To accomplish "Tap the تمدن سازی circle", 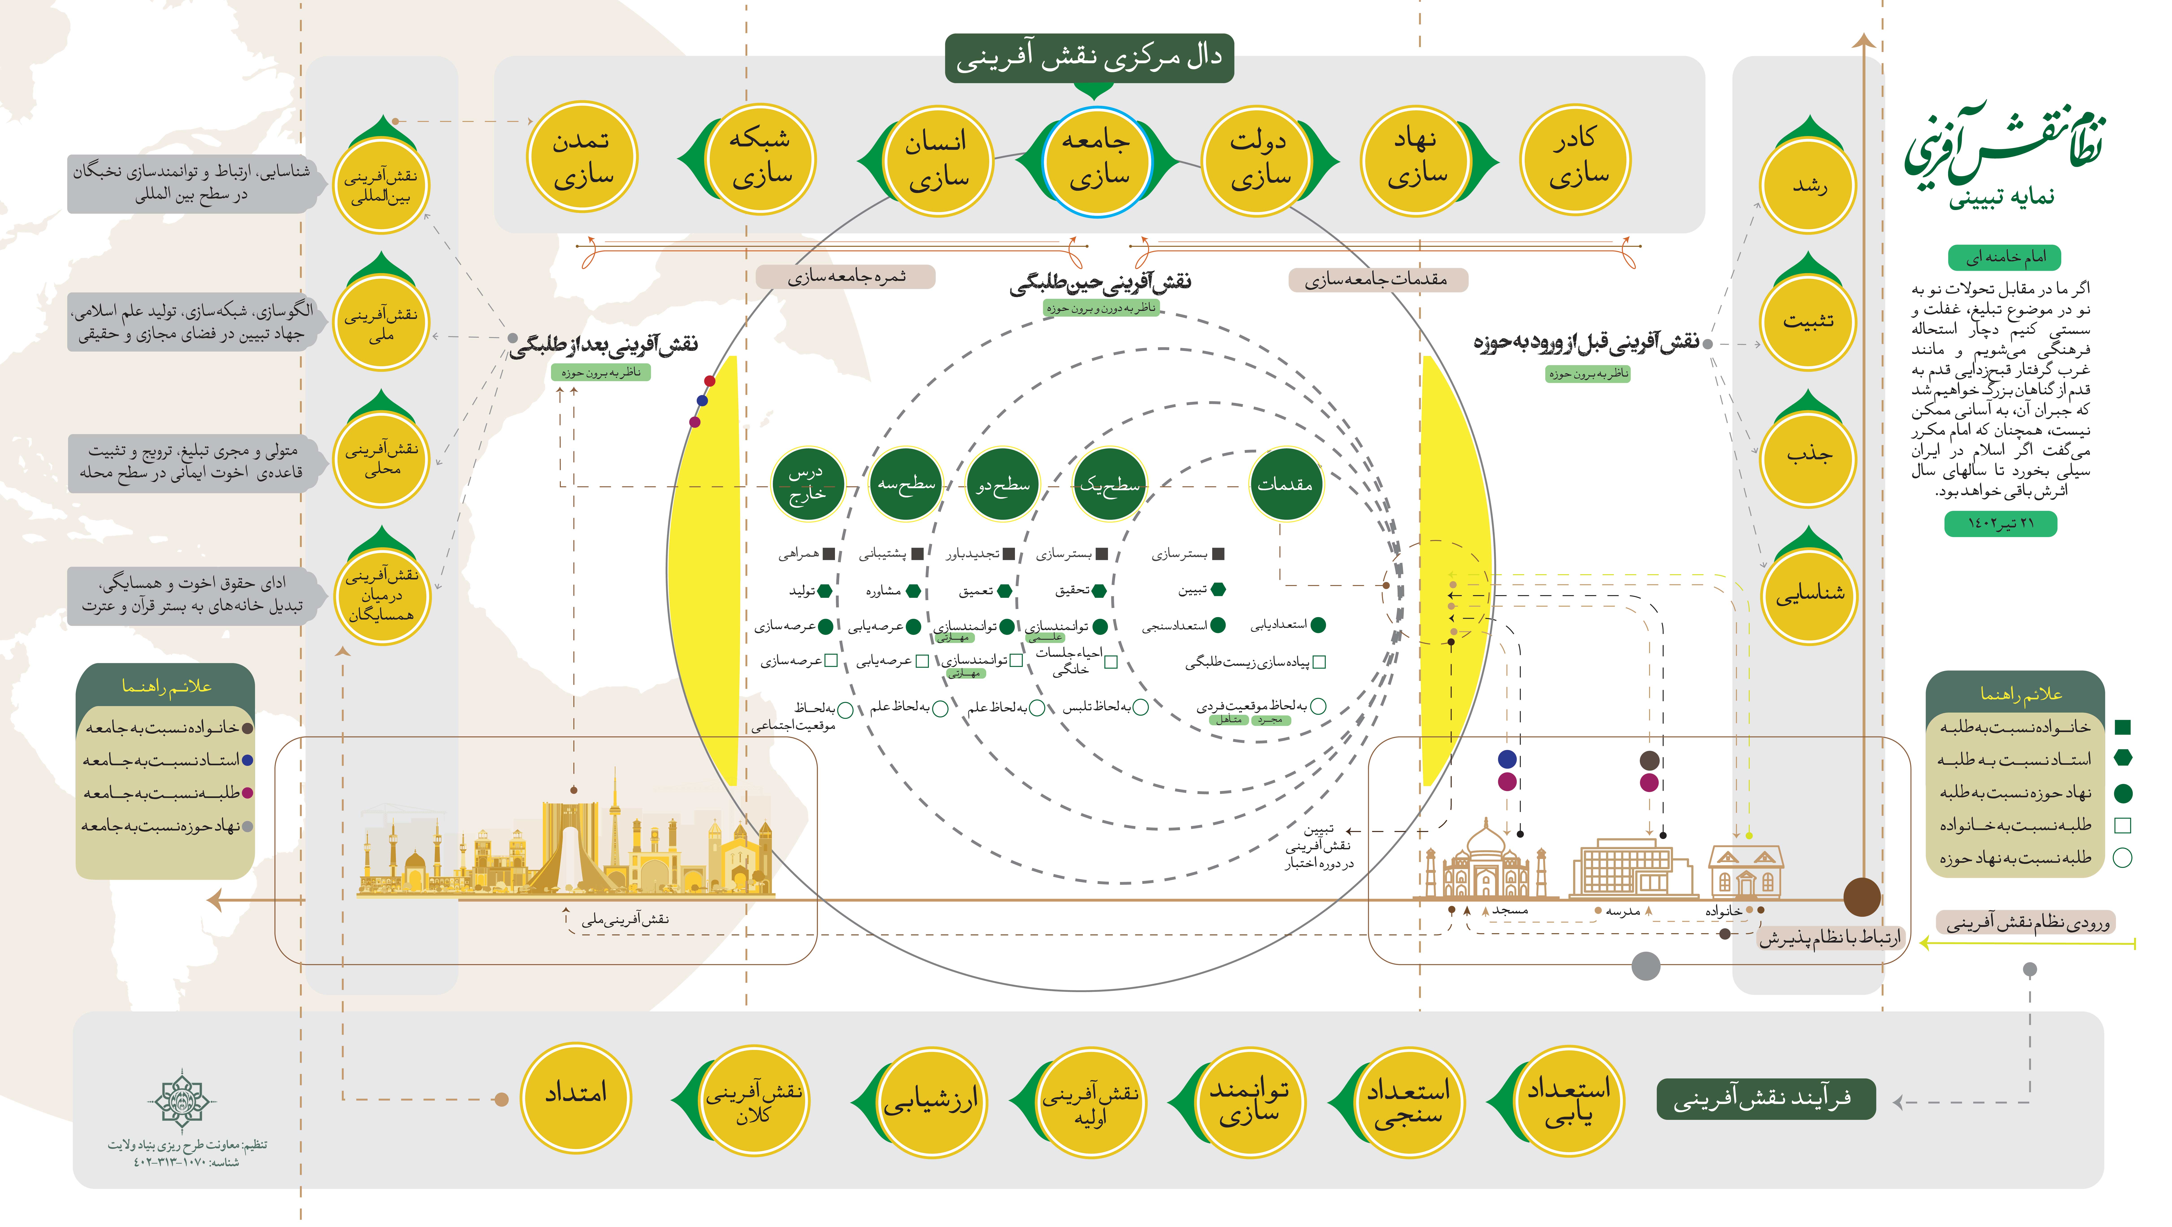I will point(582,158).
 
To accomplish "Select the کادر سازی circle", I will point(1575,158).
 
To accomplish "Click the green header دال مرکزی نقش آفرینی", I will point(1089,57).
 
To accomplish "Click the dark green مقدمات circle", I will point(1285,484).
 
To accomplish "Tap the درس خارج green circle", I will point(807,484).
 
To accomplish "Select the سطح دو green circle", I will point(1003,484).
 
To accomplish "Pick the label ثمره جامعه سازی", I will point(846,277).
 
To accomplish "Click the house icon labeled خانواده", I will point(1745,870).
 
